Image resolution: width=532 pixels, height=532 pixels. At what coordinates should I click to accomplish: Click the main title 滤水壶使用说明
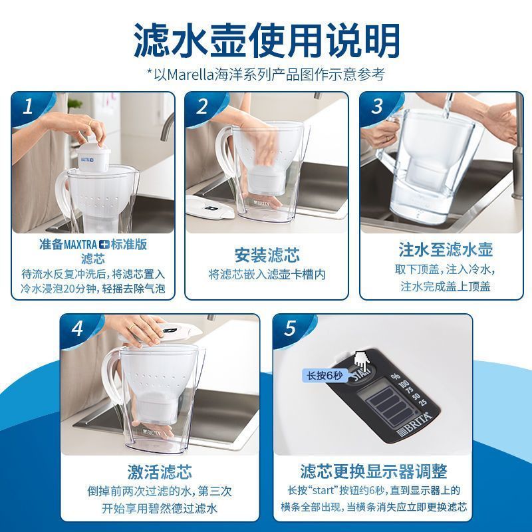point(267,41)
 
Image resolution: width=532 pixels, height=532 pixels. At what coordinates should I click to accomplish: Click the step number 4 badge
point(78,328)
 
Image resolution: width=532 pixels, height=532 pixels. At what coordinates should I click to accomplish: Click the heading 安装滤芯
point(267,255)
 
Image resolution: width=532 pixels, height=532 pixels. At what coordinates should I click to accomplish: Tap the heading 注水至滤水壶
point(446,250)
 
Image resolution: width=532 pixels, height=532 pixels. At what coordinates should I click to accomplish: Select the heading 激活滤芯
point(160,471)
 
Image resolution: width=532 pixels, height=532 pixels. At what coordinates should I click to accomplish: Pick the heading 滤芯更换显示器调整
point(374,471)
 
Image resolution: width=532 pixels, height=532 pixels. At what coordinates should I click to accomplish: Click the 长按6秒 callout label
point(325,376)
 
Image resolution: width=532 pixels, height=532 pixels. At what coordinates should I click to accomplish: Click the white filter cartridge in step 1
point(94,156)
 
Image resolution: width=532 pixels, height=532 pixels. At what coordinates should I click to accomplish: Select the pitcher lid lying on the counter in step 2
point(210,207)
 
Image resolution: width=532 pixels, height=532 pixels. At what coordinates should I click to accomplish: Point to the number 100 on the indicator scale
point(404,384)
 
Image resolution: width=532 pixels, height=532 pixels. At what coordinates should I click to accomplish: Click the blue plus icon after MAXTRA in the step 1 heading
point(104,245)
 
